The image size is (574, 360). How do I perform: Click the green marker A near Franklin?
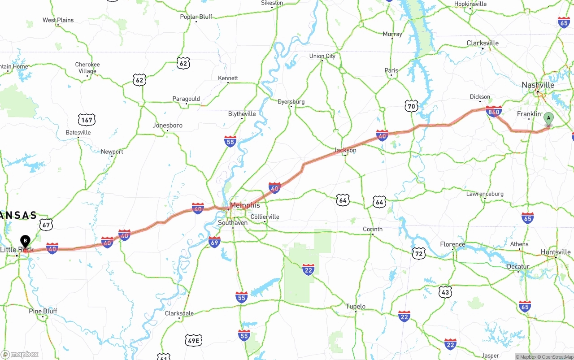(548, 119)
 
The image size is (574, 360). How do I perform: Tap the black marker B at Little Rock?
(25, 241)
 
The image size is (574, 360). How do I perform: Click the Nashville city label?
(538, 85)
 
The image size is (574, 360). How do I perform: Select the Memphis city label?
(245, 205)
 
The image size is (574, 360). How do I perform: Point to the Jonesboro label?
(168, 126)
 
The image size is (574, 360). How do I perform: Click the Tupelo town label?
(356, 307)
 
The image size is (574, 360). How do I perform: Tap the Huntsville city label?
(556, 252)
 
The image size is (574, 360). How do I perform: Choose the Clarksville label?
(483, 43)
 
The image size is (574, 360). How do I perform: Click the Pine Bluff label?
(43, 311)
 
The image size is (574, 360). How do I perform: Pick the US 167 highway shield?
(87, 120)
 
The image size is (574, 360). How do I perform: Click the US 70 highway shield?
(412, 106)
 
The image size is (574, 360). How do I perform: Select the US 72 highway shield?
(419, 253)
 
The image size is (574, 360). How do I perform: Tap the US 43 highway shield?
(445, 292)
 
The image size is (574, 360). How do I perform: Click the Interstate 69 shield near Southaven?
(214, 242)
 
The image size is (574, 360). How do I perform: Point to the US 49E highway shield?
(194, 341)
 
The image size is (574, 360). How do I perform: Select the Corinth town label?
(373, 229)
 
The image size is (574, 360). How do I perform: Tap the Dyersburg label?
(291, 102)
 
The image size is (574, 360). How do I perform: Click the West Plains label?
(58, 20)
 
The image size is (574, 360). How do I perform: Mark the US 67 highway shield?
(46, 224)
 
